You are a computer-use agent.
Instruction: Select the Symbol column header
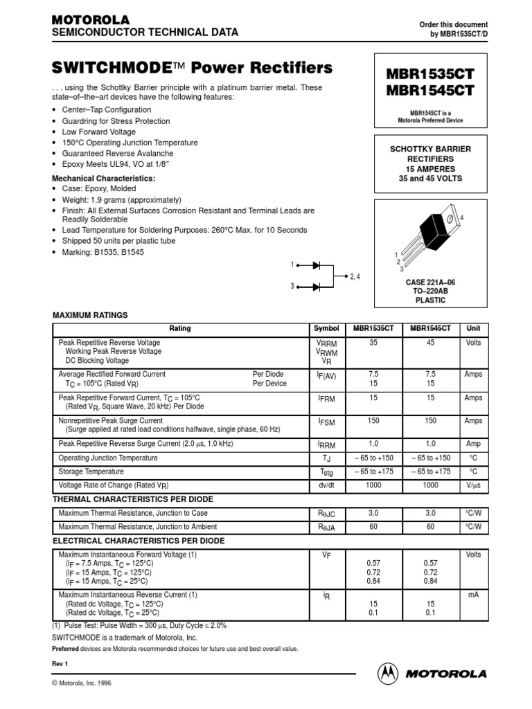[x=326, y=328]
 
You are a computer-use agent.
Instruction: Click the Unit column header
[x=473, y=328]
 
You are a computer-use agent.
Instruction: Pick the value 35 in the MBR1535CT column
[x=374, y=343]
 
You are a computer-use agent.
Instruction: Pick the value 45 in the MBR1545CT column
[x=431, y=343]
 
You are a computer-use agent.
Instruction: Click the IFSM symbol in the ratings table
[x=326, y=421]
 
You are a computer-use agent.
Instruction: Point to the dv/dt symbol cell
[x=326, y=485]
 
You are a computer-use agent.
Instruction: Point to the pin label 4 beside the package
[x=461, y=217]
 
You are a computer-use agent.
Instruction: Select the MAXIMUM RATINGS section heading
[x=91, y=315]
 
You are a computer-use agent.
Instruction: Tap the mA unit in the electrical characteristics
[x=473, y=594]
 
